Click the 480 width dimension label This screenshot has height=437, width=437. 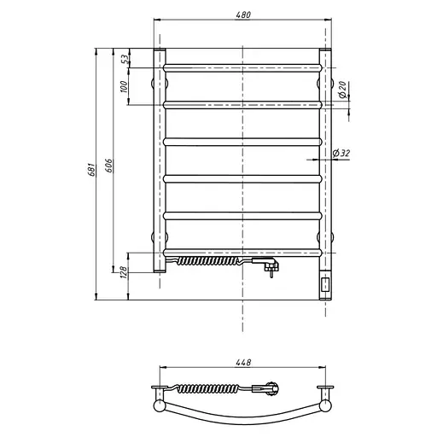(243, 15)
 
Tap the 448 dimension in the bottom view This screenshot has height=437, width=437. (243, 363)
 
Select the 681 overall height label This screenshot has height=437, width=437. (91, 170)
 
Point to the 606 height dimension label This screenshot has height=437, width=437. (109, 166)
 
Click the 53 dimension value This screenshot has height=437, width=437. (125, 59)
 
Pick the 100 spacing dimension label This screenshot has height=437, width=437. (124, 87)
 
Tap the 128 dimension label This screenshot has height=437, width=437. (123, 272)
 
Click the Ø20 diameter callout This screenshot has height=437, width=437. (343, 90)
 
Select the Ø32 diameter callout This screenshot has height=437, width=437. (341, 153)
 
